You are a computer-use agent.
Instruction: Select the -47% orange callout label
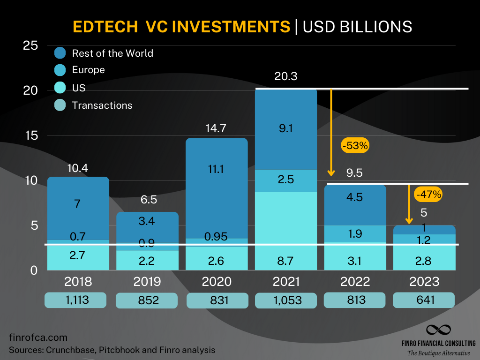tap(428, 194)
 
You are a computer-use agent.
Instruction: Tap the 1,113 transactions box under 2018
tap(76, 300)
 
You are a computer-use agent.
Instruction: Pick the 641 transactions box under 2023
tap(423, 300)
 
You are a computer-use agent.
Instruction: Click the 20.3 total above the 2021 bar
tap(286, 76)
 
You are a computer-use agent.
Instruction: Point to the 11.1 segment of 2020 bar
tap(217, 169)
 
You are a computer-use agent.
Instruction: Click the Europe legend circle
tap(60, 70)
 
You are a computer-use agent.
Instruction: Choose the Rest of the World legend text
tap(112, 53)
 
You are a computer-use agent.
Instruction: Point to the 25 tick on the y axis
tap(30, 46)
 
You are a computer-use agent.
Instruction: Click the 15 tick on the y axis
tap(30, 135)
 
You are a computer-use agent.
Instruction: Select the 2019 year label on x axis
tap(147, 282)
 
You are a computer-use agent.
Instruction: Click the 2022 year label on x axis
tap(355, 282)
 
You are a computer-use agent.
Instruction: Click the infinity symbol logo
tap(438, 330)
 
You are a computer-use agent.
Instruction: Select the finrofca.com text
tap(38, 337)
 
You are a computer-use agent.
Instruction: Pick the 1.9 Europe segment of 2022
tap(355, 233)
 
